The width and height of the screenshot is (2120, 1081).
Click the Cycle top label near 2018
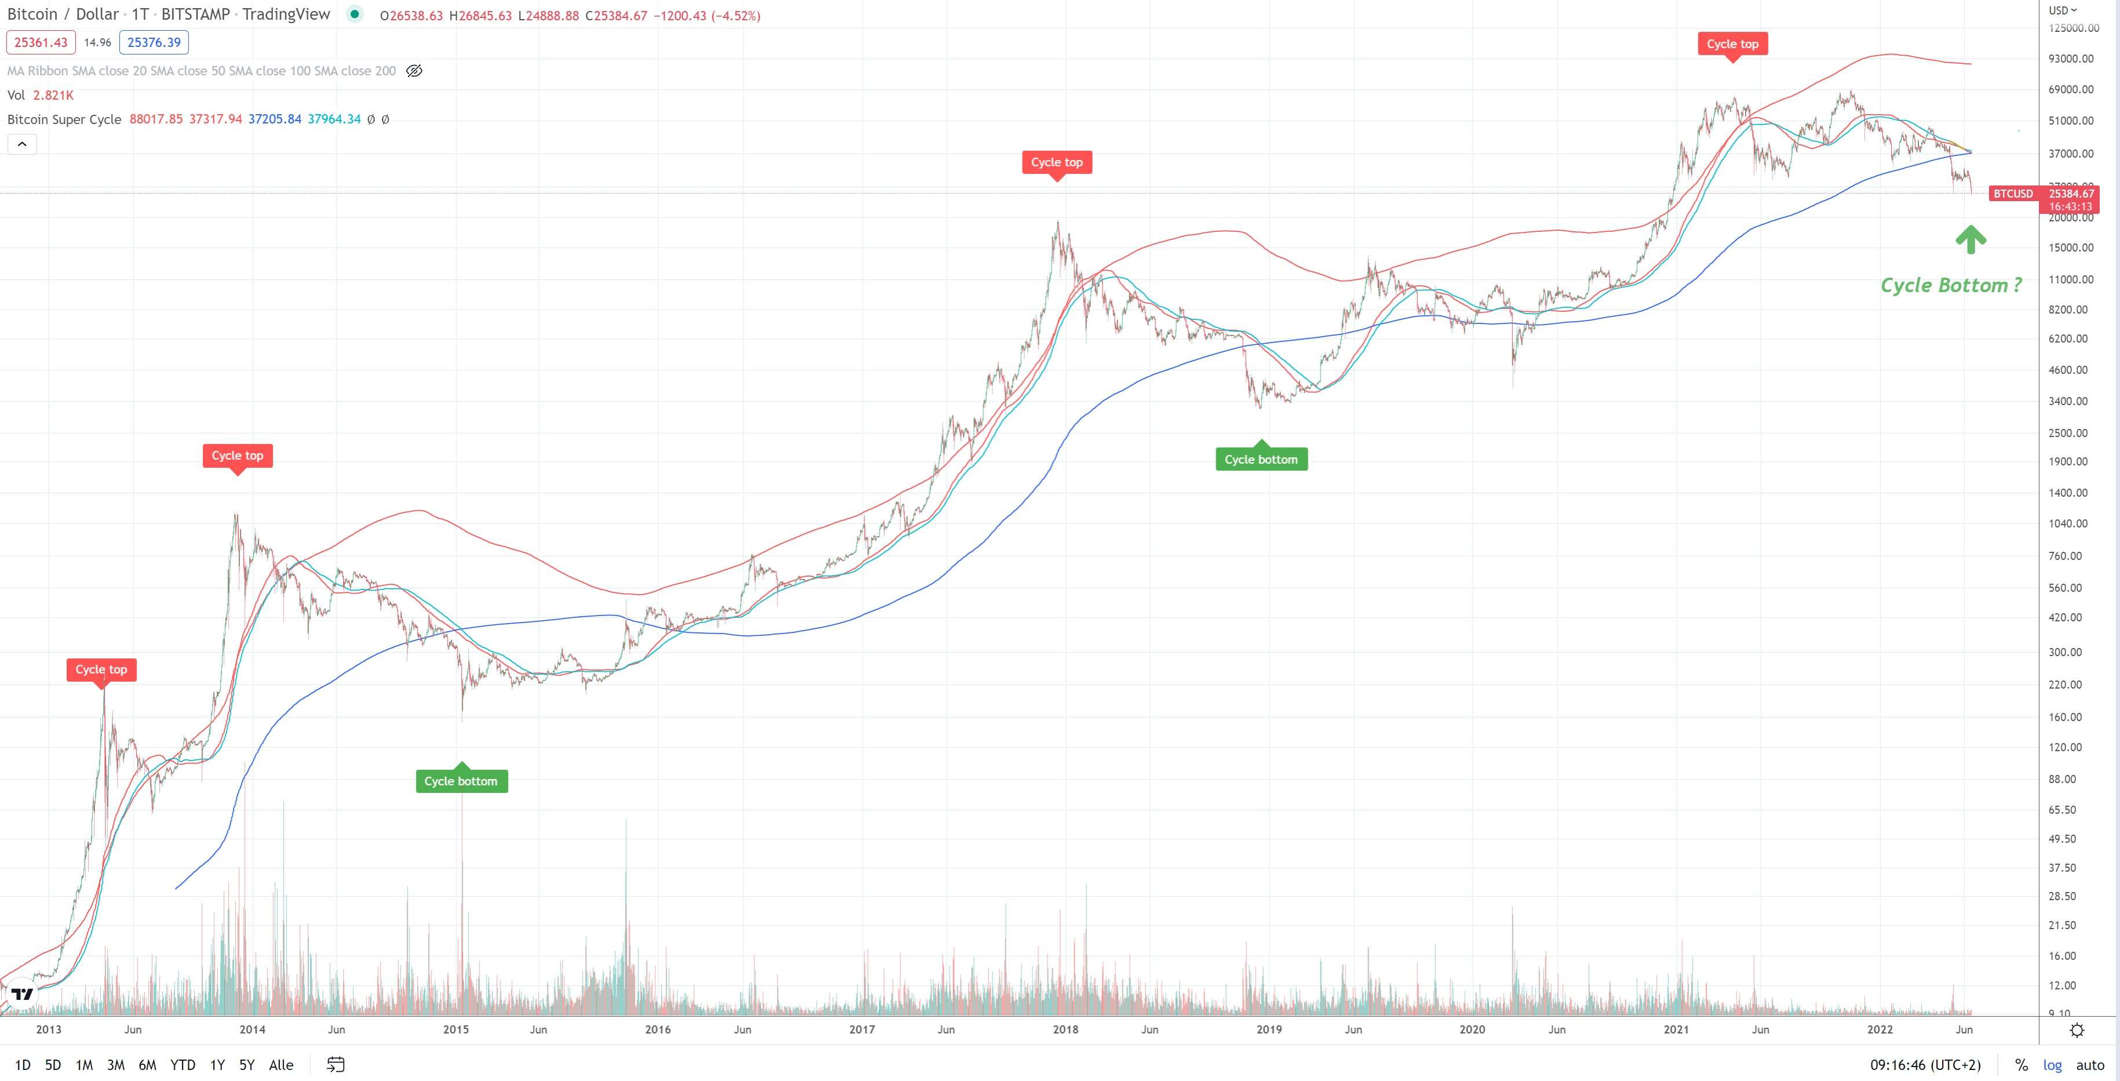tap(1057, 162)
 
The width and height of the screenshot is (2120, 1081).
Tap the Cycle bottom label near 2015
tap(461, 781)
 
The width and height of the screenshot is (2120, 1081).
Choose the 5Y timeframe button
tap(247, 1065)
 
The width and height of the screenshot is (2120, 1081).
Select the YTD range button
tap(183, 1065)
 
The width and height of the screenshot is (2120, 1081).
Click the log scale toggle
tap(2053, 1065)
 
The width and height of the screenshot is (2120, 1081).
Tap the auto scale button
tap(2089, 1065)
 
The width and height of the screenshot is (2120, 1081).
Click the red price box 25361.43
tap(41, 42)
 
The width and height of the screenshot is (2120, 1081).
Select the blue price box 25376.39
tap(154, 42)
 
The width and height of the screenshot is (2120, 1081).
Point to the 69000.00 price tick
tap(2071, 89)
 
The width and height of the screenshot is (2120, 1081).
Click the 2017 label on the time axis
tap(862, 1029)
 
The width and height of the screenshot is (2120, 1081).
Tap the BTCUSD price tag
tap(2013, 194)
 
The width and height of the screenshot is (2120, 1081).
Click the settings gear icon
tap(2077, 1030)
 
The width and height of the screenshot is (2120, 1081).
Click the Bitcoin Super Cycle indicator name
tap(64, 119)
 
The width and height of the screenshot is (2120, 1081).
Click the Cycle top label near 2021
tap(1732, 43)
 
